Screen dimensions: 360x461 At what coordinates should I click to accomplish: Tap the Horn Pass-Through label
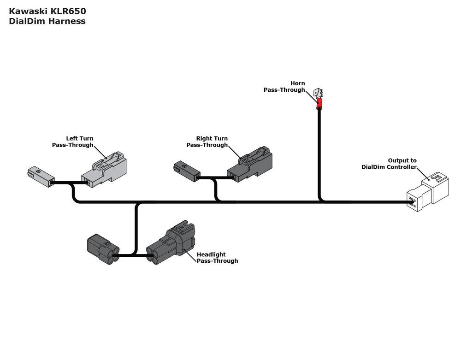[x=284, y=87]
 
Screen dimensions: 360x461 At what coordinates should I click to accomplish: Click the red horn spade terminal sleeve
[x=319, y=104]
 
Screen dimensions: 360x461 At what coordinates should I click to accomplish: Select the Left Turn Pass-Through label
[x=73, y=142]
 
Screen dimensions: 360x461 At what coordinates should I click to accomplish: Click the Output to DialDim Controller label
[x=389, y=164]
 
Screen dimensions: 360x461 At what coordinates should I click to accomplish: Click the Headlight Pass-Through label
[x=217, y=257]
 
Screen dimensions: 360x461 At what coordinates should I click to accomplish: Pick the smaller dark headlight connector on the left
[x=102, y=249]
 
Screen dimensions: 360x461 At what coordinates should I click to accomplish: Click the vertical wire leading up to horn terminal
[x=319, y=152]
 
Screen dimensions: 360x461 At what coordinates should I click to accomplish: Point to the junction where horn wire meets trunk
[x=319, y=201]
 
